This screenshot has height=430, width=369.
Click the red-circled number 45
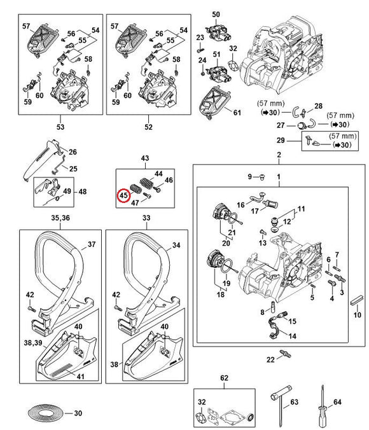click(123, 195)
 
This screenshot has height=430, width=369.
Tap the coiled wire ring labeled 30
click(46, 413)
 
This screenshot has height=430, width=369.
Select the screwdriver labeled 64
click(323, 406)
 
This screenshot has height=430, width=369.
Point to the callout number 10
click(357, 314)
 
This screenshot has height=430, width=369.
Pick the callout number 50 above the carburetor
click(216, 14)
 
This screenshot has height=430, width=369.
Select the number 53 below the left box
click(60, 127)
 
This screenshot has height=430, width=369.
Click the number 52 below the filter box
click(148, 127)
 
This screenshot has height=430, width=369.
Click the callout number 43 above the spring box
click(145, 158)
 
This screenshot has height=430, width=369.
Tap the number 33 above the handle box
click(146, 218)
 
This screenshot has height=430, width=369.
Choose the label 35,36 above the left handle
click(60, 218)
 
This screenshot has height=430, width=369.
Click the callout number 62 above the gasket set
click(224, 378)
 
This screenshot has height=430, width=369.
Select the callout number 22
click(270, 359)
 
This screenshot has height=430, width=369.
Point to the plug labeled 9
click(262, 176)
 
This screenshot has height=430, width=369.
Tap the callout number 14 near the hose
click(292, 336)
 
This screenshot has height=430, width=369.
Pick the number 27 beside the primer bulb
click(281, 125)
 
